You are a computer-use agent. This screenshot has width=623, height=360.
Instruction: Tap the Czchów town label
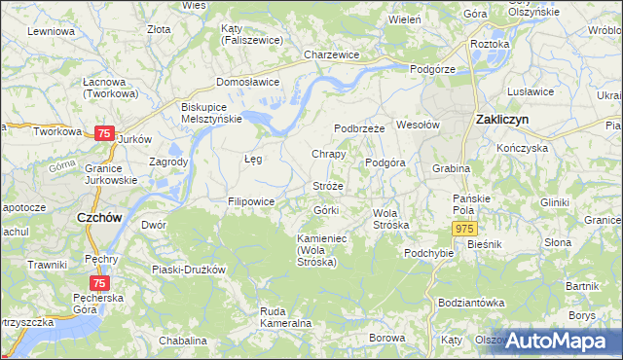pyautogui.click(x=98, y=218)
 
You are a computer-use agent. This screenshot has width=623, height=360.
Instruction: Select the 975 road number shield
pyautogui.click(x=464, y=227)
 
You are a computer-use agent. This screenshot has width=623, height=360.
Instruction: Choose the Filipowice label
pyautogui.click(x=250, y=201)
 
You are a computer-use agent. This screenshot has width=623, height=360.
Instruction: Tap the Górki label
pyautogui.click(x=325, y=210)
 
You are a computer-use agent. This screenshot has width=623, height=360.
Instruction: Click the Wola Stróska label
pyautogui.click(x=390, y=218)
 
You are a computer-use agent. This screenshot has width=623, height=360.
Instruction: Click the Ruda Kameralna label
pyautogui.click(x=285, y=316)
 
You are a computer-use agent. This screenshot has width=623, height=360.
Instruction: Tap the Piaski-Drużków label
pyautogui.click(x=189, y=269)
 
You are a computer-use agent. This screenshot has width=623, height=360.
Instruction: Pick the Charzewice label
pyautogui.click(x=332, y=55)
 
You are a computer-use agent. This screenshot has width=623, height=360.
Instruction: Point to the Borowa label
pyautogui.click(x=386, y=338)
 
